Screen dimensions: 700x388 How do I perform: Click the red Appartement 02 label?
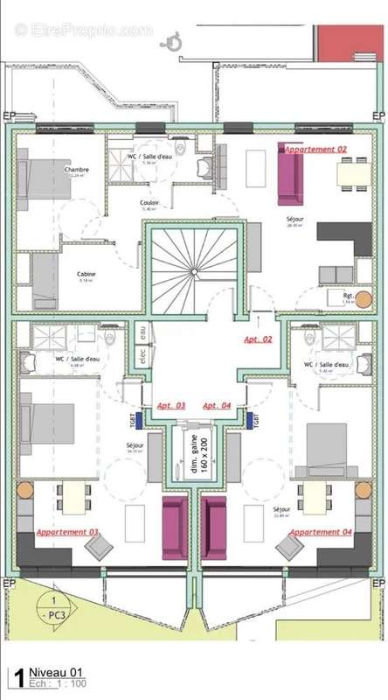315,150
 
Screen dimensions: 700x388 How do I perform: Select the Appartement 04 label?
321,532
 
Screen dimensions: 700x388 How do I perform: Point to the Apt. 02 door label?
258,338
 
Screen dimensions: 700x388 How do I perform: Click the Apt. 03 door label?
171,406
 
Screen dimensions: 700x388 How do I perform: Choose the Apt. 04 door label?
217,406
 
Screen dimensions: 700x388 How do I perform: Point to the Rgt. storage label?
347,295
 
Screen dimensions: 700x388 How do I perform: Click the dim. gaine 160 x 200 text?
194,456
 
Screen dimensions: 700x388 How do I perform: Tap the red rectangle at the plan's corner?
350,42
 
